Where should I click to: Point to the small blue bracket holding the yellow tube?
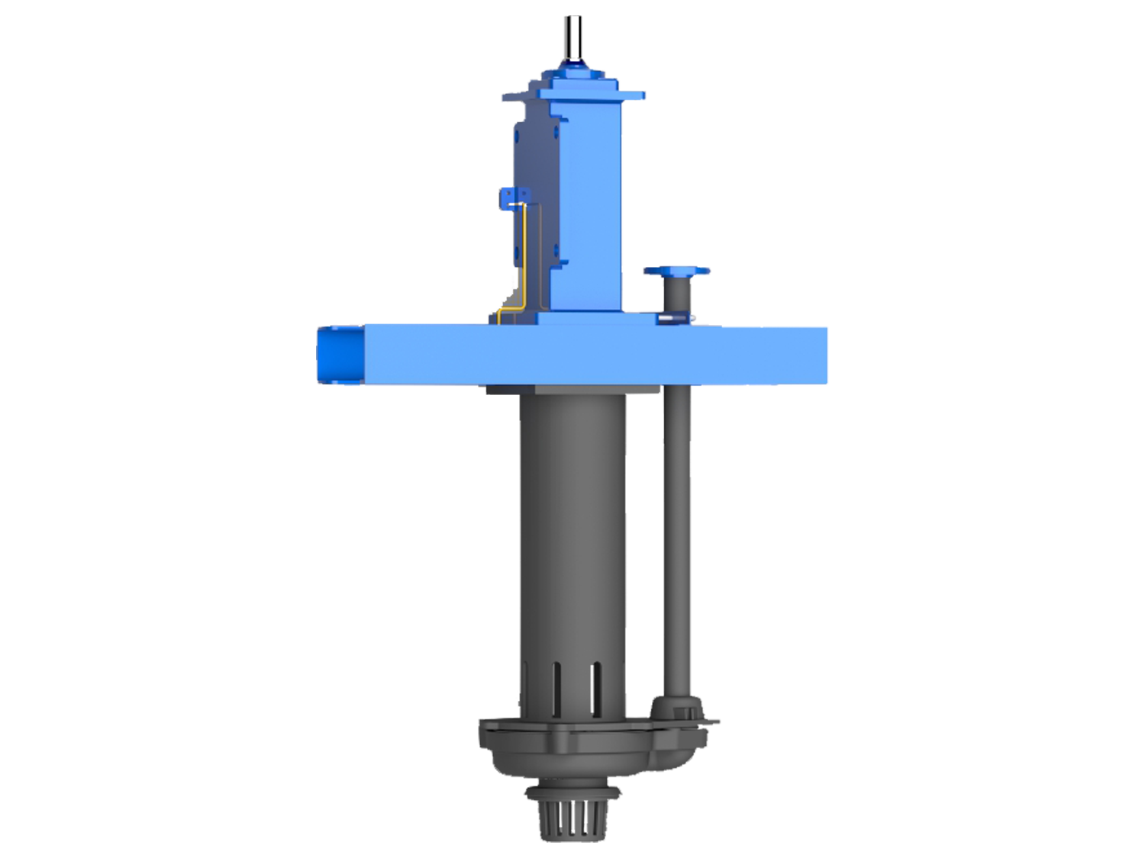pyautogui.click(x=509, y=201)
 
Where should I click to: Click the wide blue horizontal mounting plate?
pyautogui.click(x=595, y=355)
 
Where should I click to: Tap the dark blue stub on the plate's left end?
pyautogui.click(x=341, y=355)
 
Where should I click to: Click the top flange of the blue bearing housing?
pyautogui.click(x=580, y=94)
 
